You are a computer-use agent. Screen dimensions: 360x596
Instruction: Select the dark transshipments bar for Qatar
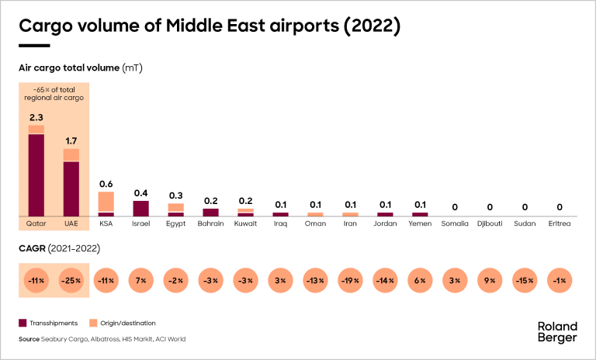click(36, 175)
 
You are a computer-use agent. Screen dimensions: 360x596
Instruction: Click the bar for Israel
click(141, 208)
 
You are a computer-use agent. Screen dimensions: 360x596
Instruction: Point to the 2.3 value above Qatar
click(36, 117)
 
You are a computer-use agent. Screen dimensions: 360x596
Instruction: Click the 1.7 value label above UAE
click(71, 140)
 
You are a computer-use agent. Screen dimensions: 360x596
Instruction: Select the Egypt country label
click(176, 223)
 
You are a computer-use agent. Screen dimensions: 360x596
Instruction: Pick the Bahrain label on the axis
click(211, 223)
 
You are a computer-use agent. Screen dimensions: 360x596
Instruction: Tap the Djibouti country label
click(490, 223)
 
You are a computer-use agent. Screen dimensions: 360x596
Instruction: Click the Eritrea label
click(560, 223)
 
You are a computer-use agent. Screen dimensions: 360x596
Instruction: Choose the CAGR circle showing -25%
click(71, 280)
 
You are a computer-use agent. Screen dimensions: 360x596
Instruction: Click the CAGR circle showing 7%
click(141, 280)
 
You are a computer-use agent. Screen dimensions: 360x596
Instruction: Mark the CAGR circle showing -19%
click(350, 280)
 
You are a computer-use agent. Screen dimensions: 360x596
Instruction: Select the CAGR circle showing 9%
click(490, 280)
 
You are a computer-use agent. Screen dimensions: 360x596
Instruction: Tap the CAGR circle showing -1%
click(560, 280)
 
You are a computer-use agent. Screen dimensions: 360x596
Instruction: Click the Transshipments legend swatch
click(23, 322)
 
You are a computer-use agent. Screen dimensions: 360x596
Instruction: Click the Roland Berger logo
click(557, 331)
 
